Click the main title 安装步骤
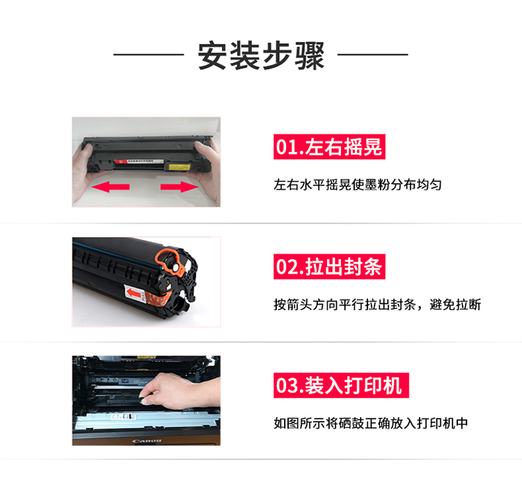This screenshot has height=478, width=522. click(261, 55)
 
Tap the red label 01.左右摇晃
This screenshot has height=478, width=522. click(329, 146)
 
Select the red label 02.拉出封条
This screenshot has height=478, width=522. click(329, 267)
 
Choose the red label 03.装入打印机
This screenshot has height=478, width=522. click(341, 385)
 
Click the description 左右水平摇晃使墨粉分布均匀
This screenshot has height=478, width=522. click(358, 185)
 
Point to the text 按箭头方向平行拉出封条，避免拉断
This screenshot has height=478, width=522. click(377, 304)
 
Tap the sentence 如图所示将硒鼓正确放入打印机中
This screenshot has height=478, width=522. click(370, 424)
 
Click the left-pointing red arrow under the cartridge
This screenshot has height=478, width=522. click(111, 186)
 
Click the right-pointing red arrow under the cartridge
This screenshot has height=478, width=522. click(179, 186)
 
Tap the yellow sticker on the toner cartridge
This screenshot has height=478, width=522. click(180, 167)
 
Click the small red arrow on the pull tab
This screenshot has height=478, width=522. click(134, 293)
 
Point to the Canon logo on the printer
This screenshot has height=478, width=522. click(147, 441)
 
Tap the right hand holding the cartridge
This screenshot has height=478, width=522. click(207, 167)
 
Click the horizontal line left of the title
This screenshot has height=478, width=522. click(149, 54)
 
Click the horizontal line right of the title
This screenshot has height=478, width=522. click(373, 54)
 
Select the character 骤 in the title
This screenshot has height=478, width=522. click(310, 56)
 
